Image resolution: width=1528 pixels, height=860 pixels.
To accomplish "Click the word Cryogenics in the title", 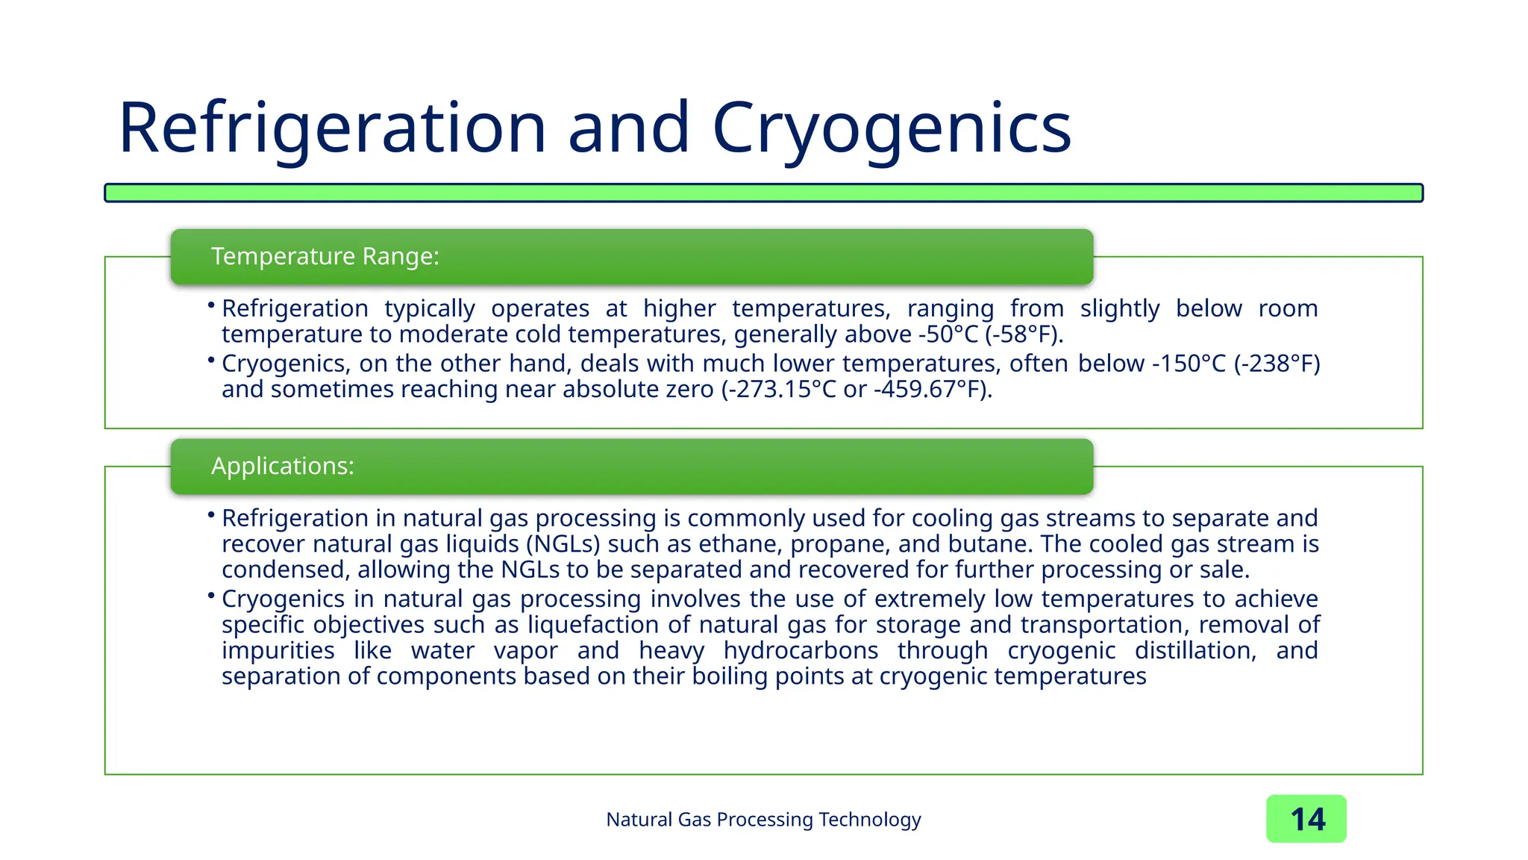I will [892, 128].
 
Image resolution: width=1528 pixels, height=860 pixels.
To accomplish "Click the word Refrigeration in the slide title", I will [333, 128].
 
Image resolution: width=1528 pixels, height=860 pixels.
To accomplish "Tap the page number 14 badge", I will [1306, 819].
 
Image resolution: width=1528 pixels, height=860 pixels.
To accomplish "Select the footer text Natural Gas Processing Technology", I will [763, 819].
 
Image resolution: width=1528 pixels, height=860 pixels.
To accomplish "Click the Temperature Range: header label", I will [325, 256].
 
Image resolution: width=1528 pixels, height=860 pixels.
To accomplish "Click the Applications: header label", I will [282, 466].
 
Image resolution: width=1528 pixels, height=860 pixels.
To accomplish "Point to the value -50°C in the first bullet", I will [948, 334].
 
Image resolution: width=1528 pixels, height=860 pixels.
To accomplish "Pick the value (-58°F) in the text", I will [1023, 334].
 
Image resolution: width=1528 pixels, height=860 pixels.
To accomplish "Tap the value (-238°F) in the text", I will [1277, 364].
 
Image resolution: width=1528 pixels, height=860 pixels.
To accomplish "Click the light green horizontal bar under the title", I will [763, 193].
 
